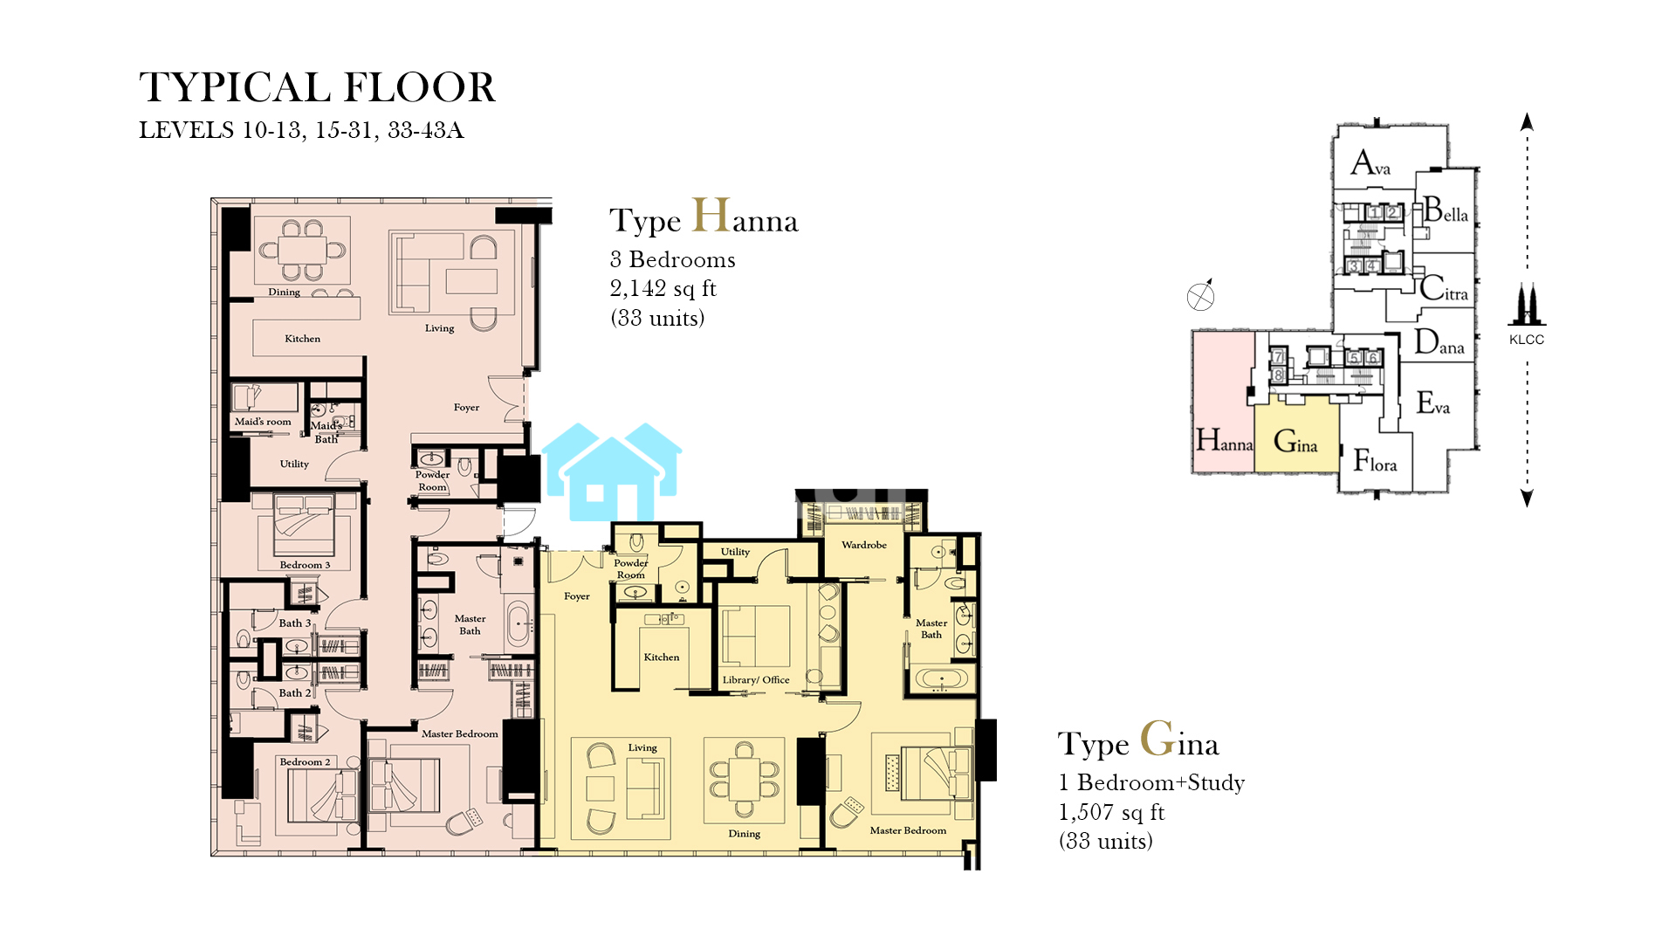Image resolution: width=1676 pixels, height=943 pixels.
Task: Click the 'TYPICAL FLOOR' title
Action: pyautogui.click(x=317, y=87)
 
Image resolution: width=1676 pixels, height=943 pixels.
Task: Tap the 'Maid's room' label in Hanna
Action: pyautogui.click(x=263, y=422)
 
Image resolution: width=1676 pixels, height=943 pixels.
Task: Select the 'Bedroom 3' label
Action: pyautogui.click(x=305, y=565)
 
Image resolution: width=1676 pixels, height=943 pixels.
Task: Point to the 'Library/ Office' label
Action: pyautogui.click(x=756, y=680)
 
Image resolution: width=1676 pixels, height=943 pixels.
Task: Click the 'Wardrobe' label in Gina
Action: pyautogui.click(x=864, y=545)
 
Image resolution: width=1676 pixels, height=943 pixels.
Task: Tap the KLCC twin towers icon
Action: pyautogui.click(x=1526, y=305)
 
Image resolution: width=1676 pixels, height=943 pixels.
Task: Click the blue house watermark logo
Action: pyautogui.click(x=612, y=472)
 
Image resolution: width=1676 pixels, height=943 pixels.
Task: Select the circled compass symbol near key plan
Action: pyautogui.click(x=1200, y=297)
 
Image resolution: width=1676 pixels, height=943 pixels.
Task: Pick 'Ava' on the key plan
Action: pyautogui.click(x=1370, y=162)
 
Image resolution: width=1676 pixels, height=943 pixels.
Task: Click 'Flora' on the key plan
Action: pyautogui.click(x=1375, y=460)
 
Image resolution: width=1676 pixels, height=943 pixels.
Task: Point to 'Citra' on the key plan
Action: pyautogui.click(x=1444, y=288)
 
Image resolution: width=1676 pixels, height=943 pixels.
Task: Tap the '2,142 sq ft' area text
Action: pyautogui.click(x=663, y=289)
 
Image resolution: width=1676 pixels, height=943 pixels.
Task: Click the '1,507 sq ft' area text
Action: pyautogui.click(x=1111, y=813)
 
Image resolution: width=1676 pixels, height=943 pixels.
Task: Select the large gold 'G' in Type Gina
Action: pyautogui.click(x=1157, y=739)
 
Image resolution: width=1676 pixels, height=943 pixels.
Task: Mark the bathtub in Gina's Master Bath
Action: pyautogui.click(x=941, y=680)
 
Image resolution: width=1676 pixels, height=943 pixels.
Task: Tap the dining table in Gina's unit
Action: pyautogui.click(x=745, y=779)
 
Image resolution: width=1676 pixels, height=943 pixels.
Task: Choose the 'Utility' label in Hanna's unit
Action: pyautogui.click(x=294, y=465)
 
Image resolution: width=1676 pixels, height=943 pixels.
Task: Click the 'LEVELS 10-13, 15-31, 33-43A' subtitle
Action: pyautogui.click(x=301, y=130)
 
